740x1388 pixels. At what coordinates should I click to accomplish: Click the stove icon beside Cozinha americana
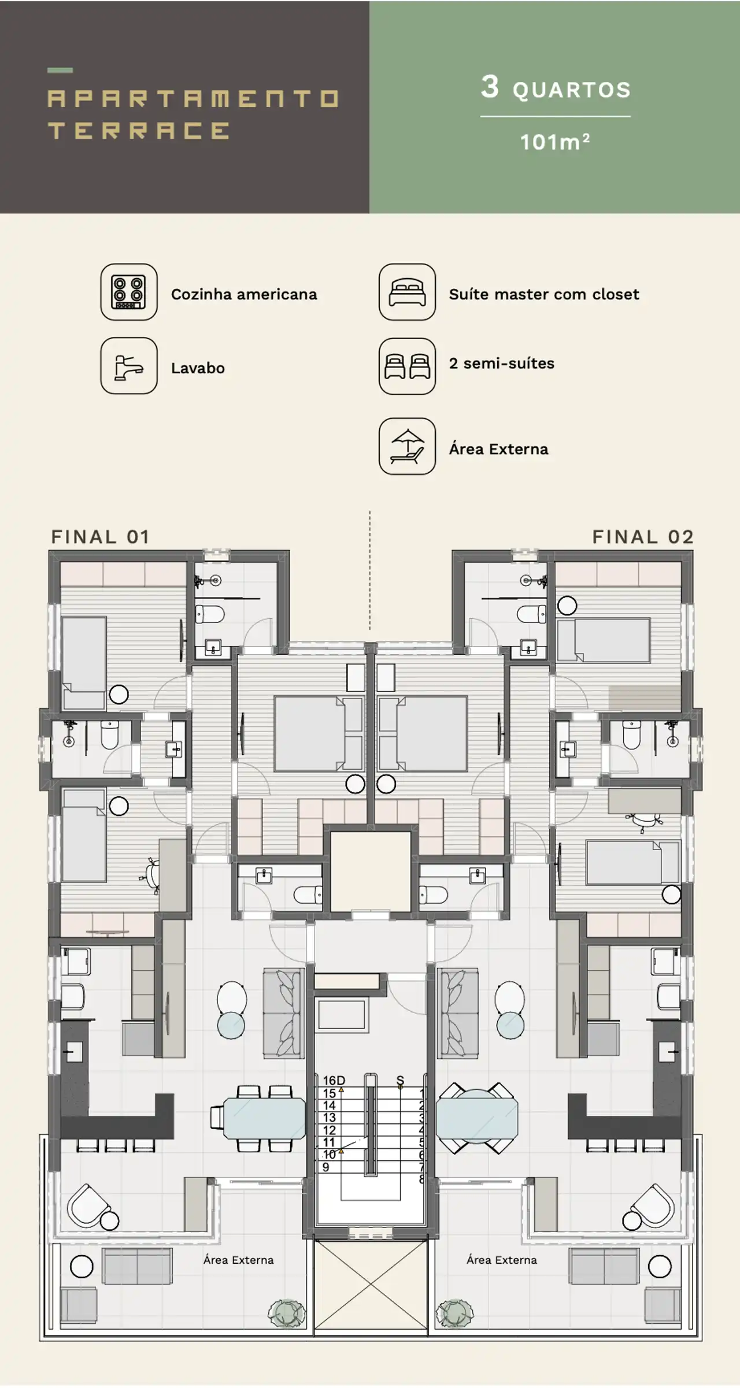click(129, 292)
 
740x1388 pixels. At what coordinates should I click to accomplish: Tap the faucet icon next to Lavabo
click(129, 366)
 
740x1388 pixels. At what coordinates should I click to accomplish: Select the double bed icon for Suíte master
click(407, 292)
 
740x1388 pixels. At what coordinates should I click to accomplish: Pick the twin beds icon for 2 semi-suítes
click(407, 366)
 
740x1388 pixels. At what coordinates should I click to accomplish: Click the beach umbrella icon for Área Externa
click(407, 447)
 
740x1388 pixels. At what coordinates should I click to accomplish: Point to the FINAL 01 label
click(101, 537)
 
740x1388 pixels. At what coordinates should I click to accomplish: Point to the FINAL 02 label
click(643, 537)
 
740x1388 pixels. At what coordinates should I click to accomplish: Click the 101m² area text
click(555, 142)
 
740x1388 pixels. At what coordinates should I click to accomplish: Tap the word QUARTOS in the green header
click(572, 90)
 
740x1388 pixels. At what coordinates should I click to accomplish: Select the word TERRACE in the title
click(139, 131)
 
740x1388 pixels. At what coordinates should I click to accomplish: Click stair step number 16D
click(334, 1081)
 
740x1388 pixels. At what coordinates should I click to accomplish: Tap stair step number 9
click(326, 1167)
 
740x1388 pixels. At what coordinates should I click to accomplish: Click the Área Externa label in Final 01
click(238, 1260)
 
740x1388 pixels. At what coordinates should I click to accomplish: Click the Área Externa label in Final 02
click(502, 1260)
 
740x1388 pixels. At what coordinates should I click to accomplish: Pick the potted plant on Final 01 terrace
click(286, 1313)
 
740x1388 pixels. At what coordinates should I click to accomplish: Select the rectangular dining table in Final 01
click(264, 1118)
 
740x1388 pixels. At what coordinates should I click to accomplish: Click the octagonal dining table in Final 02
click(477, 1118)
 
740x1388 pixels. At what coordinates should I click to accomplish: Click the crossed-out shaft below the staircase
click(371, 1286)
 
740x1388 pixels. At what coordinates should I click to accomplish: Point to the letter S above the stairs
click(400, 1080)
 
